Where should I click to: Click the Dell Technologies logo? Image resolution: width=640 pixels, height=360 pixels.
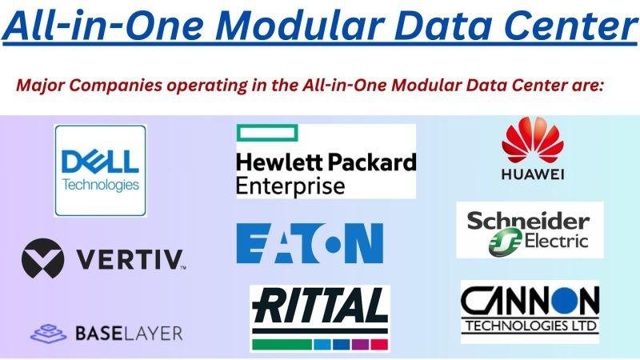tap(100, 170)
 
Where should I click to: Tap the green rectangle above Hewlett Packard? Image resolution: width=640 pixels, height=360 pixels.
tap(267, 133)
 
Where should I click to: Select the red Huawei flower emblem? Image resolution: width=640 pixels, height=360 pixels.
tap(533, 140)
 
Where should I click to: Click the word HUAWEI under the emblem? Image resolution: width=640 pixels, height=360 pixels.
tap(533, 174)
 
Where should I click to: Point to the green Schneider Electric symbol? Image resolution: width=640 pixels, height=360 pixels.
tap(506, 242)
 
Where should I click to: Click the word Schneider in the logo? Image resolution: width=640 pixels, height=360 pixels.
tap(528, 222)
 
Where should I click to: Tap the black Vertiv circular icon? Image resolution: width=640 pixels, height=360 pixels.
tap(43, 258)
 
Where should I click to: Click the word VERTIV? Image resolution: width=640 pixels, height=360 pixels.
tap(130, 260)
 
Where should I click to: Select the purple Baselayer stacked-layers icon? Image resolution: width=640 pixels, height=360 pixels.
tap(49, 334)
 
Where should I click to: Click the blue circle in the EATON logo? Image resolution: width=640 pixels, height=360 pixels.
tap(333, 244)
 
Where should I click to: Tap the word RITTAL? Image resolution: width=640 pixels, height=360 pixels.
tap(319, 306)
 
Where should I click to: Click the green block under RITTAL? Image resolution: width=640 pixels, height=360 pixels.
tap(282, 344)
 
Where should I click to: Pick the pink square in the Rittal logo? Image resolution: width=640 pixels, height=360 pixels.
tap(379, 344)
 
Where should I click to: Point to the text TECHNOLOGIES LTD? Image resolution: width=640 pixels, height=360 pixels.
tap(531, 326)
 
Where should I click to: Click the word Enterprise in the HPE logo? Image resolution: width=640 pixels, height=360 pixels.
tap(290, 186)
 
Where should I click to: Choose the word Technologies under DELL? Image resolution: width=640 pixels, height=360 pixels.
tap(101, 185)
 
